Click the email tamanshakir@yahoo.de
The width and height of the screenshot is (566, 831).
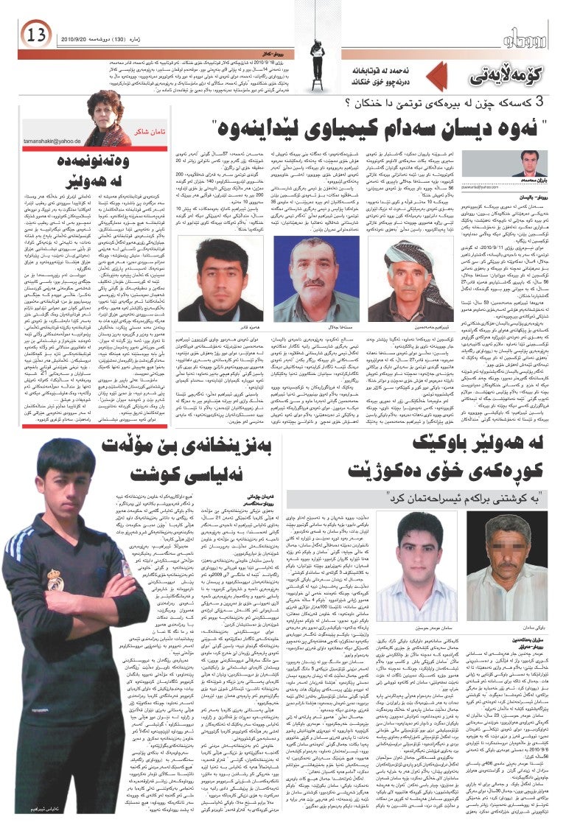[x=51, y=139]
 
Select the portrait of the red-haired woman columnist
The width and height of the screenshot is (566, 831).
[x=107, y=117]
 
